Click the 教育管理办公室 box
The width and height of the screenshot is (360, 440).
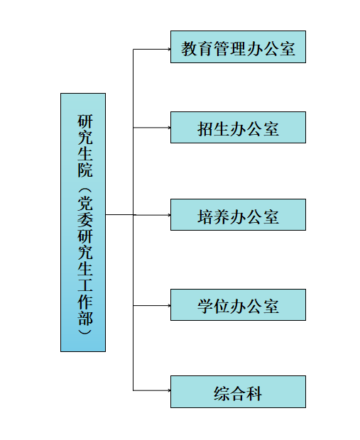point(238,47)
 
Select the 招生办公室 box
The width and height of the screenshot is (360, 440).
point(238,128)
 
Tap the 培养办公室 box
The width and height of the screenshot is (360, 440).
point(238,214)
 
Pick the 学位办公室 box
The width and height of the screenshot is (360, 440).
point(238,304)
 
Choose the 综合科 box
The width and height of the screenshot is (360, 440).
point(238,392)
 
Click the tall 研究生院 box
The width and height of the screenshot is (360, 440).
point(83,222)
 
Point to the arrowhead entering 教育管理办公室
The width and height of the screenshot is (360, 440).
point(169,49)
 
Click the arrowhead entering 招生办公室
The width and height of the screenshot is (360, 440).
point(169,128)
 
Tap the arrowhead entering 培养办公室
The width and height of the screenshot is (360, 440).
point(169,215)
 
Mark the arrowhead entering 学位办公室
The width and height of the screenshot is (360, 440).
point(169,305)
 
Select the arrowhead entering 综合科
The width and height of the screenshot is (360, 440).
point(169,390)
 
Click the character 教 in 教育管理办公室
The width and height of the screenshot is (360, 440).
point(189,48)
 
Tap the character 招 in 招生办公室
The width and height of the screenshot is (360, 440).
point(205,129)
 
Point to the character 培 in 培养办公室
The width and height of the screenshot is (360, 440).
point(205,216)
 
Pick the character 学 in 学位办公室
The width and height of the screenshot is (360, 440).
point(205,306)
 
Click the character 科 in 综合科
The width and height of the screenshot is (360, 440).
point(254,393)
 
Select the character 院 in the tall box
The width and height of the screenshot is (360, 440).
point(85,170)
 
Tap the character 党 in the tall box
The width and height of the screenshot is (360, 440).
point(85,203)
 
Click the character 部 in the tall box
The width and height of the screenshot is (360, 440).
point(85,318)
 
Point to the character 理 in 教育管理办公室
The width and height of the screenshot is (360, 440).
point(238,48)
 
